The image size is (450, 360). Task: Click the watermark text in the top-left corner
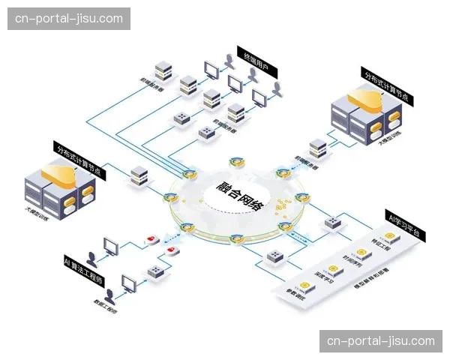click(x=69, y=18)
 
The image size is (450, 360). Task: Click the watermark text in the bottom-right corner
click(x=381, y=341)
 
